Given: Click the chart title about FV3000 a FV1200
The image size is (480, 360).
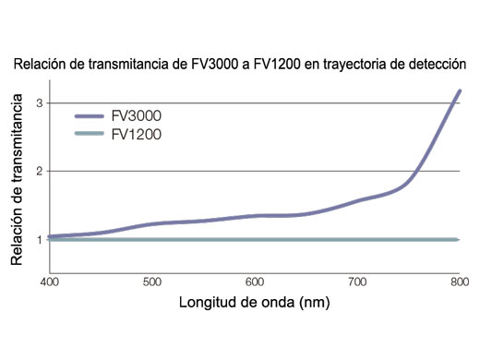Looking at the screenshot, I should click(239, 66).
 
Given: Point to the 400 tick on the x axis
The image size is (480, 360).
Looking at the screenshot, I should click(50, 280).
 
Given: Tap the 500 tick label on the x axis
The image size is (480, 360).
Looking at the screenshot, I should click(152, 280).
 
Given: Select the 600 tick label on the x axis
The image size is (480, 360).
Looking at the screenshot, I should click(255, 280).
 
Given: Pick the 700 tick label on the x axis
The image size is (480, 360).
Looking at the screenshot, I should click(357, 280).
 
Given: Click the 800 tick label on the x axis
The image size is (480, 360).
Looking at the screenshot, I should click(459, 280).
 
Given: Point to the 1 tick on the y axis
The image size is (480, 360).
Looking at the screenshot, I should click(40, 240).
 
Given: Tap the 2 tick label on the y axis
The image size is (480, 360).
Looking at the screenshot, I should click(40, 172).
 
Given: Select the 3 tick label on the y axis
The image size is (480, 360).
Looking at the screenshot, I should click(40, 103).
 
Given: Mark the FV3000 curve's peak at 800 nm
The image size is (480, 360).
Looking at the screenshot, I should click(459, 91).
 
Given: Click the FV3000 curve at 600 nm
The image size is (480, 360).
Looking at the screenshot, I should click(255, 215).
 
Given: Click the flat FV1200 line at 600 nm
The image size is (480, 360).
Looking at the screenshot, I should click(255, 240).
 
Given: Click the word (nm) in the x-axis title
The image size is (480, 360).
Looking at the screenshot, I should click(310, 302).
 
